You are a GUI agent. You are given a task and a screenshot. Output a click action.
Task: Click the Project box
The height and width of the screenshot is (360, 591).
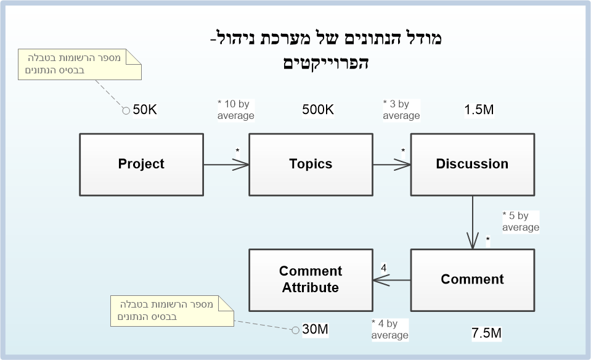(141, 164)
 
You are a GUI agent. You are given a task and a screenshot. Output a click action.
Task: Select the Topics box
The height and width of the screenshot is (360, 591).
(311, 164)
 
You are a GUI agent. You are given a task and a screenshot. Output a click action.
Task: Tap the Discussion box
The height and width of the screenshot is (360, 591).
(472, 164)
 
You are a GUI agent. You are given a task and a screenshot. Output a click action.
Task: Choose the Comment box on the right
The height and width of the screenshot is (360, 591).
(472, 279)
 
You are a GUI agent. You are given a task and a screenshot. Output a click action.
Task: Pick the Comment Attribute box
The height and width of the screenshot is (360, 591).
(311, 279)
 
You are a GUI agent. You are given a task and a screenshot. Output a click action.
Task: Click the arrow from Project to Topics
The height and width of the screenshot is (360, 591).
(226, 165)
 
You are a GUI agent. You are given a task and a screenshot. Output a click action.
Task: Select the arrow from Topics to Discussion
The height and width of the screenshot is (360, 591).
(392, 165)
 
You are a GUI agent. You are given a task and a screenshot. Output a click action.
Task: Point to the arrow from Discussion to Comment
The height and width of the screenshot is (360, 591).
(473, 223)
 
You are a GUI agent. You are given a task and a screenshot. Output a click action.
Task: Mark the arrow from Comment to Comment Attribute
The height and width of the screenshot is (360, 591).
(392, 280)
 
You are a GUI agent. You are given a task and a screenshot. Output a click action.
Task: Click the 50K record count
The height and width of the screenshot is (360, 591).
(145, 110)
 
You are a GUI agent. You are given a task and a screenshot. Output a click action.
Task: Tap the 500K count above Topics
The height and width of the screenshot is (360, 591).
(318, 110)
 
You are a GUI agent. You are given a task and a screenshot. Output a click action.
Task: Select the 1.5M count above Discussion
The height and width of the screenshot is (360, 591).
(479, 110)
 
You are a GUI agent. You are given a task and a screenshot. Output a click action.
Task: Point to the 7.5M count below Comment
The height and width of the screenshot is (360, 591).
(486, 333)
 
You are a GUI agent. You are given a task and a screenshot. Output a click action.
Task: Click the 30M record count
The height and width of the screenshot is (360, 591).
(315, 330)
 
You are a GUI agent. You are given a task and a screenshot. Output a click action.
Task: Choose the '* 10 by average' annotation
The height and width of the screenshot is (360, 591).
(235, 110)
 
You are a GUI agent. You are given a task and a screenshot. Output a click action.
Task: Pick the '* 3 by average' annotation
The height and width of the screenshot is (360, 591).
(401, 110)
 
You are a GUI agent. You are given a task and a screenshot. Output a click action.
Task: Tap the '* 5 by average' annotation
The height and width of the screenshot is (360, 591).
(520, 221)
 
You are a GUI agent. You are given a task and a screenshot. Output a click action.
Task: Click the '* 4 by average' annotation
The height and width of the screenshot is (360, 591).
(389, 329)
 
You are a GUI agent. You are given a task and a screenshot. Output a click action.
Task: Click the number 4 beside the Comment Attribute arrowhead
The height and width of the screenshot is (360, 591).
(384, 268)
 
